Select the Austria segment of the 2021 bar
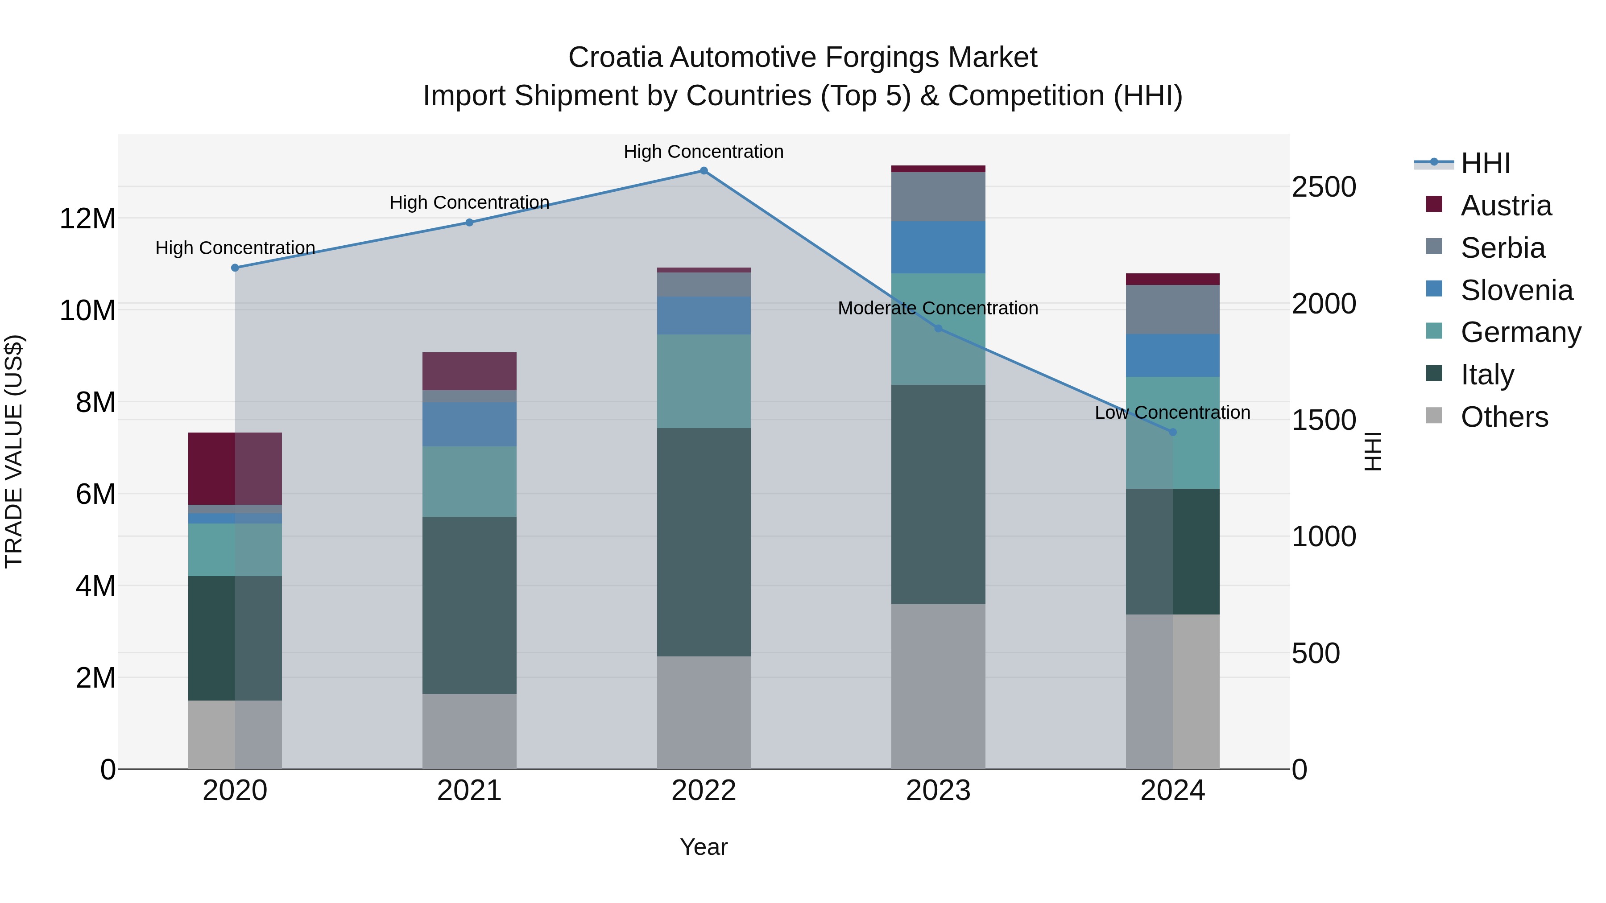click(469, 371)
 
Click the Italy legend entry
click(1487, 375)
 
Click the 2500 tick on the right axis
click(1323, 187)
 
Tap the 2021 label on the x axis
click(469, 791)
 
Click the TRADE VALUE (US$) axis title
click(14, 451)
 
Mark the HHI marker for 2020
click(235, 268)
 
